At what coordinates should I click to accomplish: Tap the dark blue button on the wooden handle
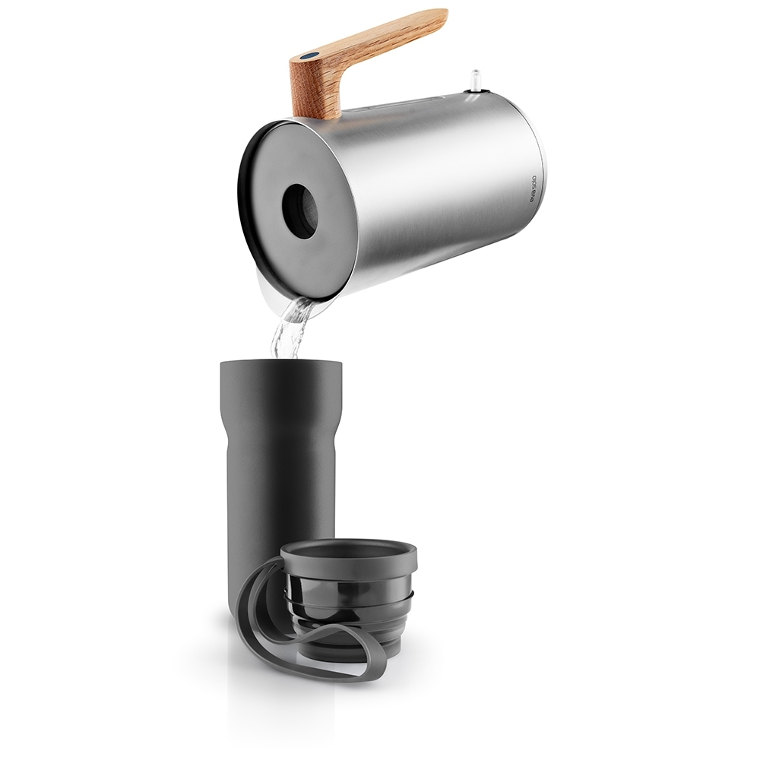click(308, 55)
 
